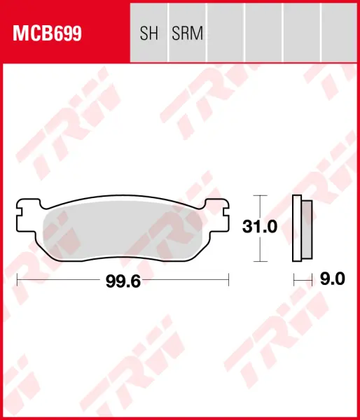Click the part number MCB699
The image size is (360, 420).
47,34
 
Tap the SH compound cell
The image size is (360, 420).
148,33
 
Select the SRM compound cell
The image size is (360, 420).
188,33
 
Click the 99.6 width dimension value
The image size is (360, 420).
123,281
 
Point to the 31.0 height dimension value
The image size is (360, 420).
259,227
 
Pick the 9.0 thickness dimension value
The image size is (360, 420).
333,279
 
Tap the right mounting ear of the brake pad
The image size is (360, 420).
217,215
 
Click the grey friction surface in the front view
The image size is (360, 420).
123,230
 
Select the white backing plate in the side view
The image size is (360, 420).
297,228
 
